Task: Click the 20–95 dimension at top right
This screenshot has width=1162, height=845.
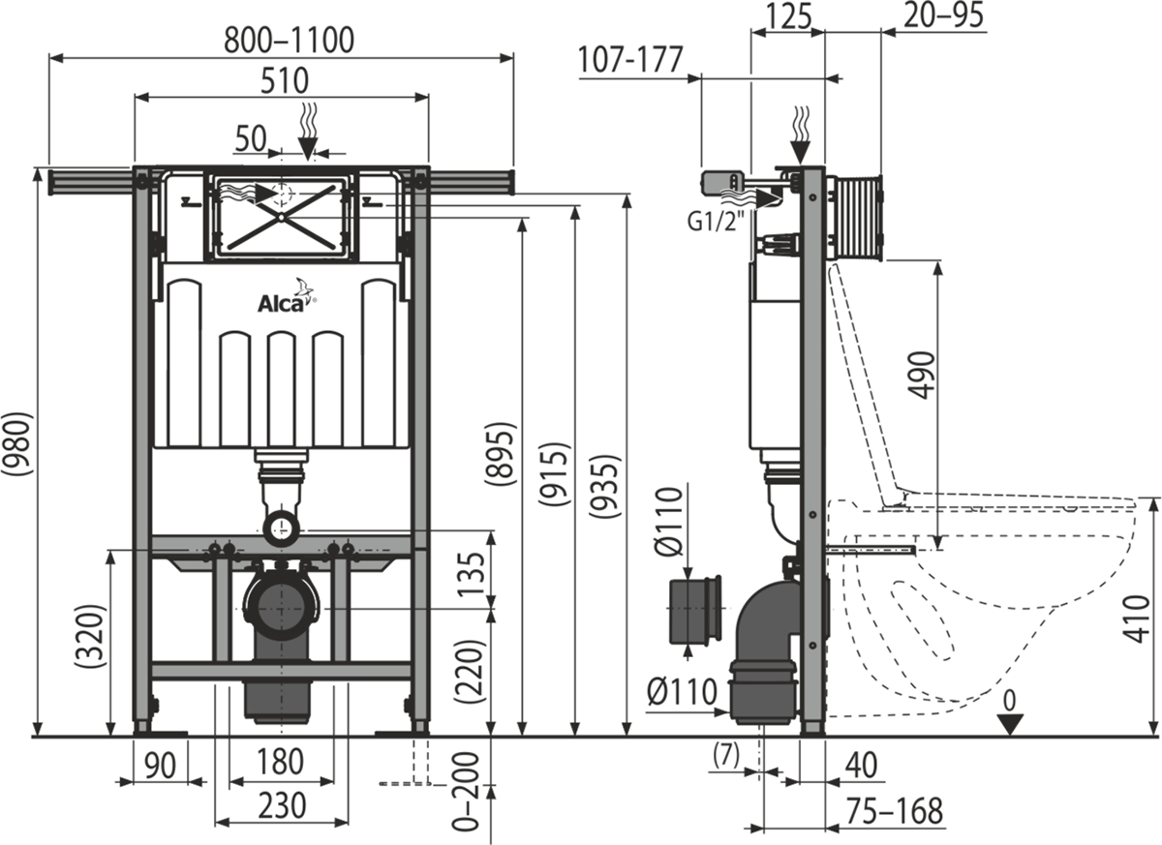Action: click(x=943, y=15)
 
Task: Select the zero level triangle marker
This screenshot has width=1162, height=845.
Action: click(x=1010, y=723)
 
